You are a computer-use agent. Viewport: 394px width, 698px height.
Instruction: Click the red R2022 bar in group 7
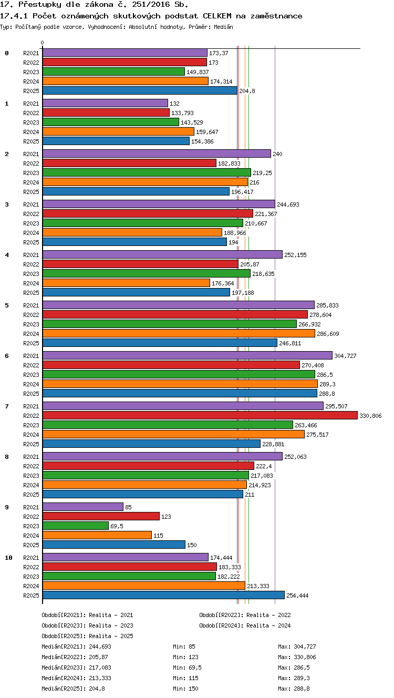(x=200, y=415)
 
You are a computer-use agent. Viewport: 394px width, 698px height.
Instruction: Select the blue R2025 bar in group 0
(x=140, y=91)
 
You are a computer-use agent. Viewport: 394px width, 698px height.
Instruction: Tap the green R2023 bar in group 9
(x=75, y=526)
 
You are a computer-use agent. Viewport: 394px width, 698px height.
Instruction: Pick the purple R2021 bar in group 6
(x=188, y=355)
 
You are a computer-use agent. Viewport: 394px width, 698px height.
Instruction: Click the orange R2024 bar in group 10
(x=144, y=586)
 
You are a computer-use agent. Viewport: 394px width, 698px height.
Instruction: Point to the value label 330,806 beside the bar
(x=370, y=416)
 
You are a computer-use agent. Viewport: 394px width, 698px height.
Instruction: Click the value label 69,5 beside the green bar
(x=117, y=526)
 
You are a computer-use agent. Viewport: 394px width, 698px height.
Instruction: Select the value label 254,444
(x=297, y=596)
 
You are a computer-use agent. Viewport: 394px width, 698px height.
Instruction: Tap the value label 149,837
(x=198, y=72)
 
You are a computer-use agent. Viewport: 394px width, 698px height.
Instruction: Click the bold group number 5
(x=7, y=305)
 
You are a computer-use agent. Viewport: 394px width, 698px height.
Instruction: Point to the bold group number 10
(x=8, y=558)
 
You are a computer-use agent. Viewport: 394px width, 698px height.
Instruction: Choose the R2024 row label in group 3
(x=31, y=233)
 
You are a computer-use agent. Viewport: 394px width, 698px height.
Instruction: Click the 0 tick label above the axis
(x=43, y=43)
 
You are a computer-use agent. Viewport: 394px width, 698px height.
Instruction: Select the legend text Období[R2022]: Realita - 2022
(x=245, y=615)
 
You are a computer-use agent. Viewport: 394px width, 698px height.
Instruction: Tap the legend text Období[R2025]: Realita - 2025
(x=87, y=635)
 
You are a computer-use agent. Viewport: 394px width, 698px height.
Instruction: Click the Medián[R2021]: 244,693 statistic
(x=76, y=646)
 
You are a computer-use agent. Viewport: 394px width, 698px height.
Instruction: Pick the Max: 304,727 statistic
(x=297, y=646)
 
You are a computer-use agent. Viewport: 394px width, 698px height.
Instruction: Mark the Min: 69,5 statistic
(x=187, y=668)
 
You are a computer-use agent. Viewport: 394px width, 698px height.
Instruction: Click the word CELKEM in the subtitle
(x=217, y=16)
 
